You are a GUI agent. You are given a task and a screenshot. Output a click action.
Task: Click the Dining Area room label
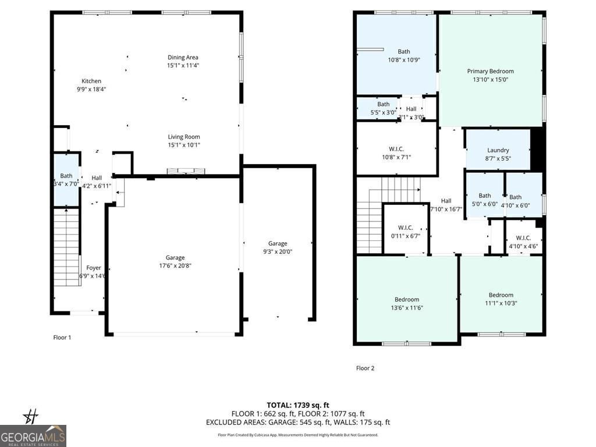[183, 58]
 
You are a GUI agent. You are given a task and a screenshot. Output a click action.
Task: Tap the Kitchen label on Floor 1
[91, 81]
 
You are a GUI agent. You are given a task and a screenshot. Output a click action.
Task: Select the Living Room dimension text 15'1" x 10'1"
[184, 145]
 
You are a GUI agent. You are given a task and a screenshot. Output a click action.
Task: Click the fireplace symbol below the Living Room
[186, 171]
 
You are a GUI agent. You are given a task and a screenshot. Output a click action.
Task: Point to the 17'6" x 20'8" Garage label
[175, 261]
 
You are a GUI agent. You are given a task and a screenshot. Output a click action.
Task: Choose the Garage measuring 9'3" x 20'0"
[278, 247]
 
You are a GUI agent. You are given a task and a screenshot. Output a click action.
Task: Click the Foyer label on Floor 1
[94, 268]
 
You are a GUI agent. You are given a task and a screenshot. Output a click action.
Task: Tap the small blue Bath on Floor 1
[66, 179]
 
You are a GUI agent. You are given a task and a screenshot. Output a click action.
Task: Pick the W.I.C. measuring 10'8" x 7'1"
[396, 153]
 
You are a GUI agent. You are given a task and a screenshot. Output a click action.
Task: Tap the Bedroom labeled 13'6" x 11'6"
[406, 303]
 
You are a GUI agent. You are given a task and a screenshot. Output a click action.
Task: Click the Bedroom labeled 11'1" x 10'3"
[501, 299]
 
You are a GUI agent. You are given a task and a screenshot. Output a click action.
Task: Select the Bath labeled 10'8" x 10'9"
[403, 55]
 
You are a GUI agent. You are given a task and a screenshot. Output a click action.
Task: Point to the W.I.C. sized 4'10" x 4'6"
[523, 242]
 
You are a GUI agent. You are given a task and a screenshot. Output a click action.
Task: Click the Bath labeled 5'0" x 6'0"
[484, 200]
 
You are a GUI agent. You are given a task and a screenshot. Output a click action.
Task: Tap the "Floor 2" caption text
[365, 368]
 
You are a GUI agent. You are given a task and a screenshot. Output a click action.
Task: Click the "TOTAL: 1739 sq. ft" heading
[298, 405]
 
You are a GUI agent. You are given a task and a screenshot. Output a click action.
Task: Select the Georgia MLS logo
[33, 435]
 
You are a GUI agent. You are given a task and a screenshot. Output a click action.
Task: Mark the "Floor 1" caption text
[62, 337]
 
